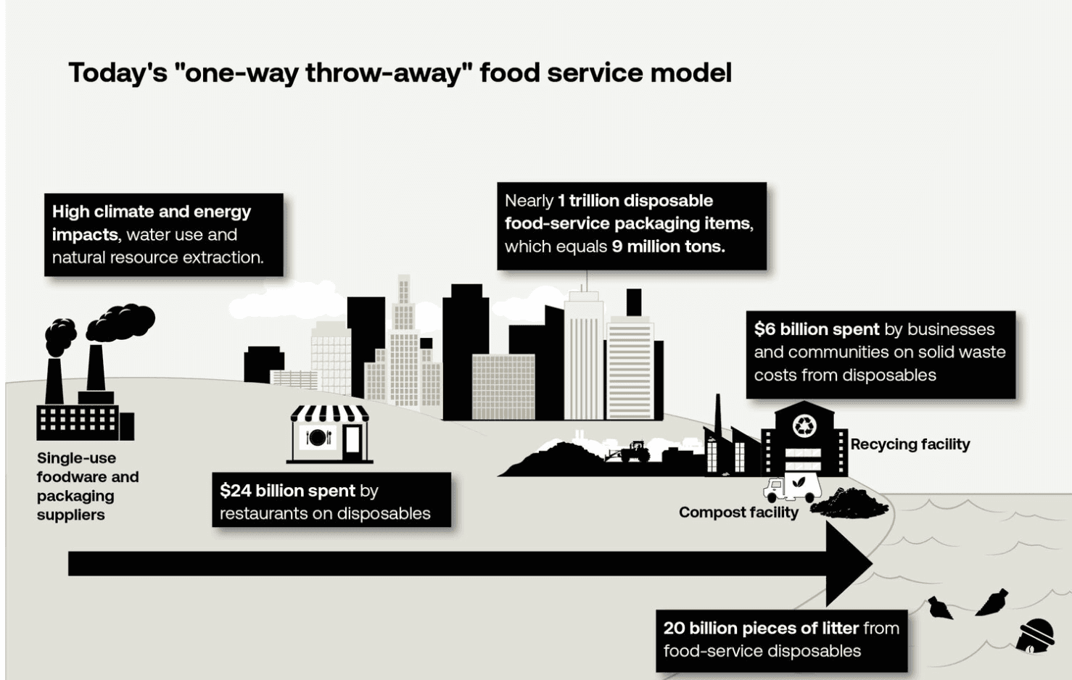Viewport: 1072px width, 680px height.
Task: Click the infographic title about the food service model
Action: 400,73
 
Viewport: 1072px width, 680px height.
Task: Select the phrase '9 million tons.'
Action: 668,246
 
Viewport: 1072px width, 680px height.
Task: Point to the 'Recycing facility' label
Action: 910,444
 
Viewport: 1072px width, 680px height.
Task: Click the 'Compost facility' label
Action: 738,513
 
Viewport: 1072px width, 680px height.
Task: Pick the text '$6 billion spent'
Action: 817,329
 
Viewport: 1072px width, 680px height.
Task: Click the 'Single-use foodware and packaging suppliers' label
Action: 87,486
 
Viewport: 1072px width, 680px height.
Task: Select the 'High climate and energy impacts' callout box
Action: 164,234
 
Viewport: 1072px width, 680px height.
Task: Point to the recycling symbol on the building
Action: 804,426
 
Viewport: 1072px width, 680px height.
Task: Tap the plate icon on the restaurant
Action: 317,437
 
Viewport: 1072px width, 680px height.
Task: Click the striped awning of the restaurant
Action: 330,414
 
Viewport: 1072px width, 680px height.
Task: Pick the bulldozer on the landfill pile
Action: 631,452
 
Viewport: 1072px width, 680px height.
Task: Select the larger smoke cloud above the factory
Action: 122,322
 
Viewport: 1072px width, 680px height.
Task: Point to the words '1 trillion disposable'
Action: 635,201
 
